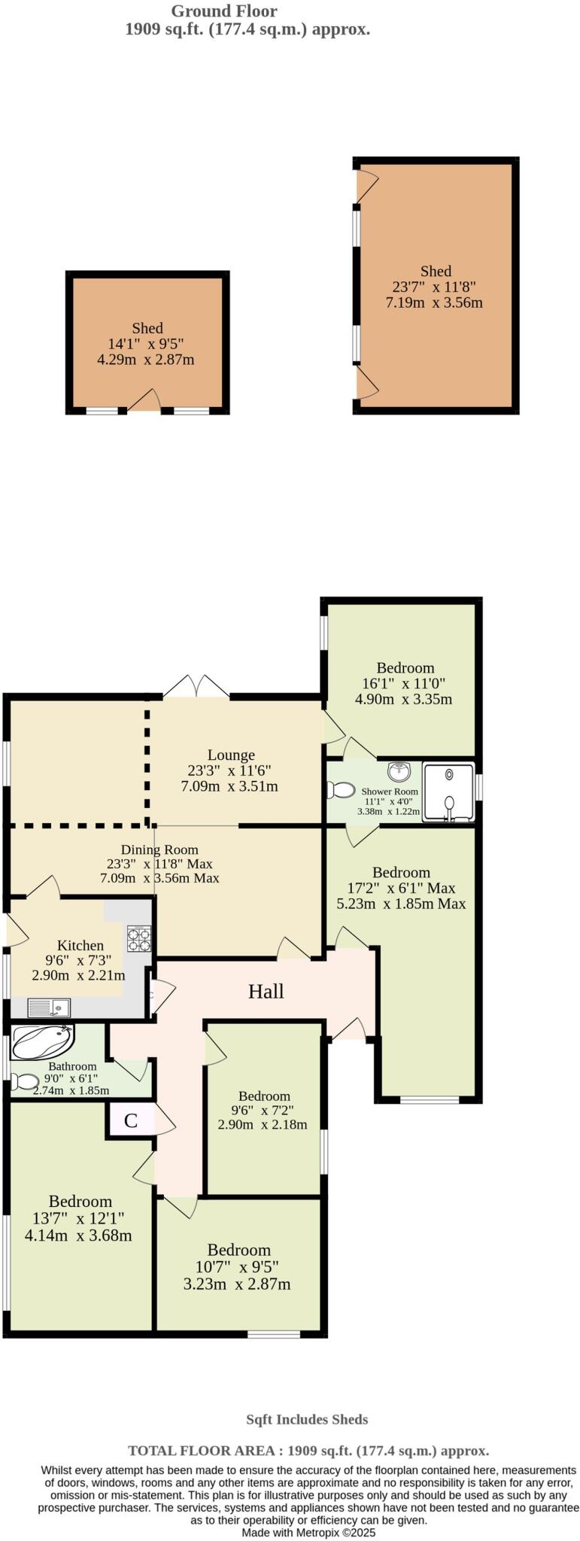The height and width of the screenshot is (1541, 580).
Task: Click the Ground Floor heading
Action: click(x=224, y=11)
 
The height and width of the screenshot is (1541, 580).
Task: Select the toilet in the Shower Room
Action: click(x=342, y=790)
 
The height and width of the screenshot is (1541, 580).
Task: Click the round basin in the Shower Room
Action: click(x=399, y=771)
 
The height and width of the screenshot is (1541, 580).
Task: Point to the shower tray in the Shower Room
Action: click(x=448, y=792)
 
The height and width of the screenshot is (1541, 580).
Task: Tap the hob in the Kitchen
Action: click(x=138, y=938)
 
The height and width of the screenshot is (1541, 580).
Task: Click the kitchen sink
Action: click(x=49, y=1007)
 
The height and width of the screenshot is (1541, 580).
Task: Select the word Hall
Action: click(x=266, y=991)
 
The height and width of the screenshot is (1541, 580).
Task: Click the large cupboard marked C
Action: click(x=130, y=1120)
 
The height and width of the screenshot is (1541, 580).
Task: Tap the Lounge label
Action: click(x=231, y=755)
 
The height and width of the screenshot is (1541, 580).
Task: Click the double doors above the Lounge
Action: click(x=196, y=686)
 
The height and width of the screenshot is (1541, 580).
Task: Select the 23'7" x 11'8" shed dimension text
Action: click(x=434, y=287)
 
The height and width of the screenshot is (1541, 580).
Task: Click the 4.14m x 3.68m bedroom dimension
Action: click(x=78, y=1236)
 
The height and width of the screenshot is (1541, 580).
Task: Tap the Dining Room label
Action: click(x=159, y=850)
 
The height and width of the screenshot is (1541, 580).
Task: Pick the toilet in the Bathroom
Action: click(x=25, y=1082)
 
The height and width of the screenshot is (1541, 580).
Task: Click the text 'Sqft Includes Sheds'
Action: click(x=307, y=1420)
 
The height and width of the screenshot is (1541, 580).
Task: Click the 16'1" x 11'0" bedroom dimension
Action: click(x=404, y=684)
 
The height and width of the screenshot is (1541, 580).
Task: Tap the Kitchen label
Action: click(x=80, y=945)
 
